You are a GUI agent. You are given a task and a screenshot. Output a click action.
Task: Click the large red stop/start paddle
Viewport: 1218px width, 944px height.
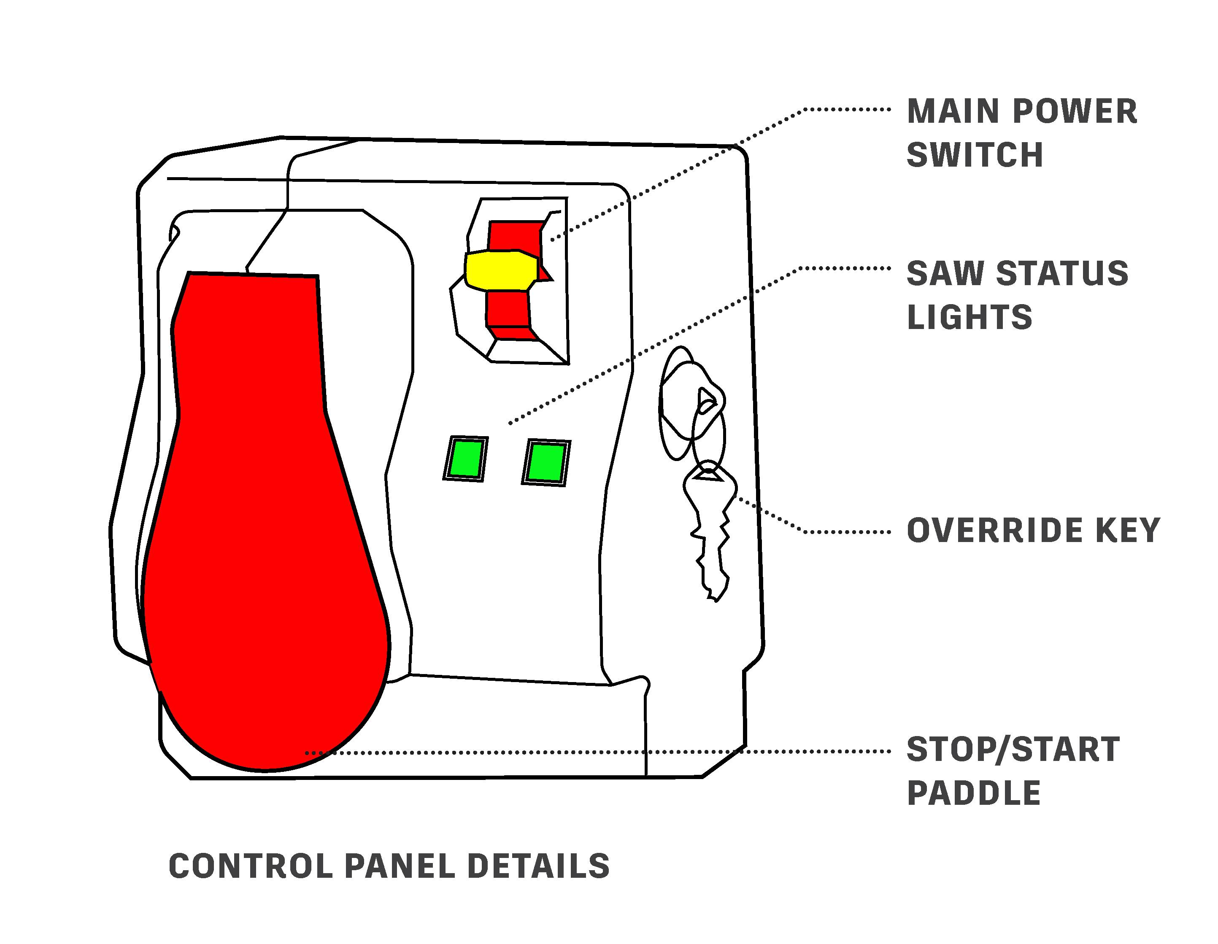(x=267, y=521)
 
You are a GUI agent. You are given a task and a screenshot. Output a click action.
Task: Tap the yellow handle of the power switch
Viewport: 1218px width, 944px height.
(x=501, y=270)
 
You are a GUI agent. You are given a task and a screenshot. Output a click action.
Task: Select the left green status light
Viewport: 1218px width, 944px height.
(x=466, y=459)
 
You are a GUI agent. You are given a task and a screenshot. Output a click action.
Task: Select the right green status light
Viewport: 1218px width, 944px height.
(x=546, y=462)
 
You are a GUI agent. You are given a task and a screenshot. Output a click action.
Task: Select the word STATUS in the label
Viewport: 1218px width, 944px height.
(x=1062, y=274)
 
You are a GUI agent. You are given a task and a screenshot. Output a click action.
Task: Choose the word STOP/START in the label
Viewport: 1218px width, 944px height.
(x=1013, y=750)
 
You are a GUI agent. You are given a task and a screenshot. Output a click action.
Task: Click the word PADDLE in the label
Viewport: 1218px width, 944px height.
(x=974, y=793)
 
